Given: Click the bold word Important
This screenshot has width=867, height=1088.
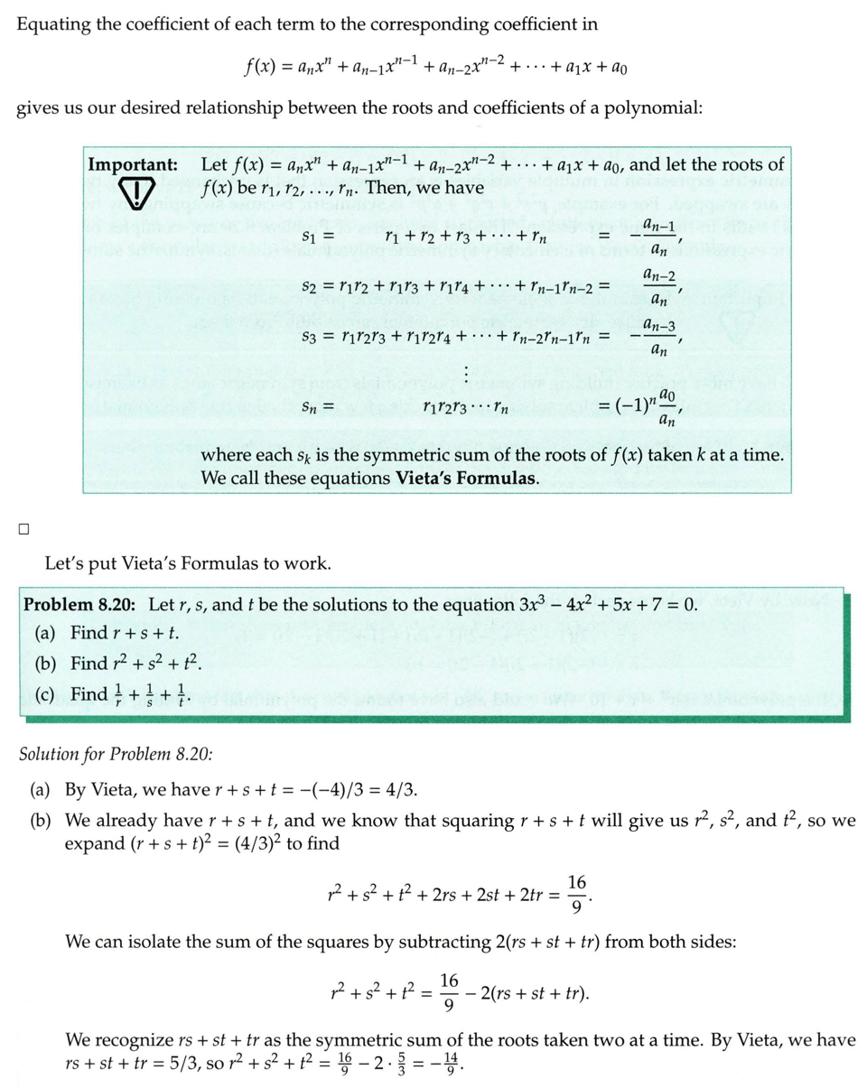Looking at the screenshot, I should tap(133, 165).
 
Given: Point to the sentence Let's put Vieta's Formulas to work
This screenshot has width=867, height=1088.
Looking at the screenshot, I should tap(188, 566).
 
